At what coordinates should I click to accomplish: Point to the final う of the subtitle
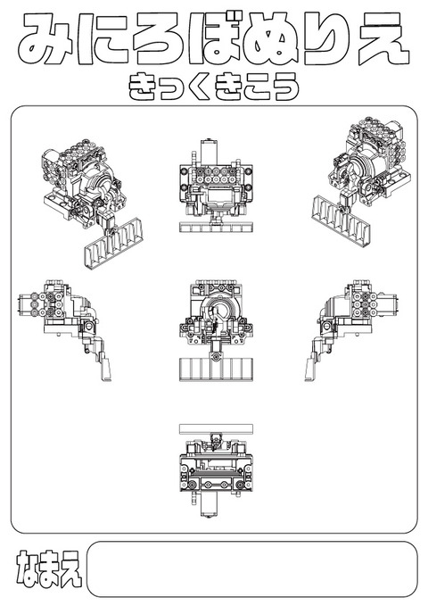point(284,87)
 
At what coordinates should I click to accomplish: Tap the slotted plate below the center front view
point(214,369)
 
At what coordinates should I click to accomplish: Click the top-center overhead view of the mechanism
point(214,185)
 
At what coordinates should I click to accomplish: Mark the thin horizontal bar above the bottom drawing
point(214,428)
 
